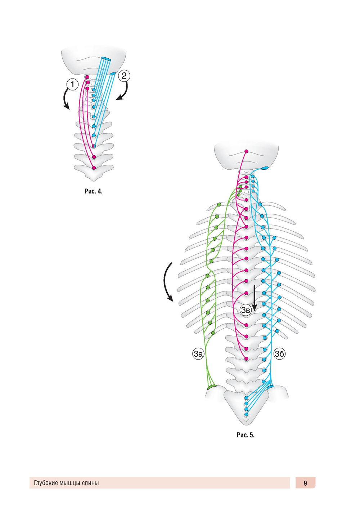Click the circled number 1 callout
tap(72, 85)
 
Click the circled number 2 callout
tap(124, 76)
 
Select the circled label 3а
tap(198, 354)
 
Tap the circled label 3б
tap(279, 354)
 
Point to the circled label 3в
tap(246, 310)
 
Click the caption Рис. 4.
tap(94, 191)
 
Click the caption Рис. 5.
tap(246, 435)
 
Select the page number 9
tap(305, 483)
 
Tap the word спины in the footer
tap(90, 483)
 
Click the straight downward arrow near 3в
tap(255, 298)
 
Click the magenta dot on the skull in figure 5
tap(247, 151)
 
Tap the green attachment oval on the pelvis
tap(212, 387)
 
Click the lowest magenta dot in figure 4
tap(94, 168)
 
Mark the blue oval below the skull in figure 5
tap(265, 168)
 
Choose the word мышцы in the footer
tap(70, 483)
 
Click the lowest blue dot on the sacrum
tap(246, 415)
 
